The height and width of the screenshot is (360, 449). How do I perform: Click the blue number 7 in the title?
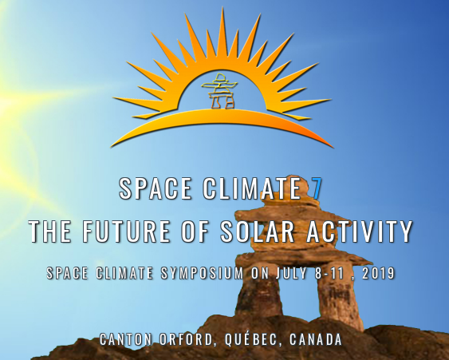(x=317, y=188)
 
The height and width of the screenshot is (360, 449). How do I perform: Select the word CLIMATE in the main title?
(x=252, y=188)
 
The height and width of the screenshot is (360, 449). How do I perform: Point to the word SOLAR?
(x=258, y=231)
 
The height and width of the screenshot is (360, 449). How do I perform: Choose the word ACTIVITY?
(x=360, y=231)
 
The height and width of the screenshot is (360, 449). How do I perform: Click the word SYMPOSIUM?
(x=202, y=273)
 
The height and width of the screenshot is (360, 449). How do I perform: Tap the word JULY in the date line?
(x=292, y=273)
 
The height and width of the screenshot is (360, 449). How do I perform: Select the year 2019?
(x=378, y=273)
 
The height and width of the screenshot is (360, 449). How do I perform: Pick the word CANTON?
(x=126, y=339)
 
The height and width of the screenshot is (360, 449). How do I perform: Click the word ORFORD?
(x=187, y=340)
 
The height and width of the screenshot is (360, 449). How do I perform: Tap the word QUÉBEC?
(x=251, y=339)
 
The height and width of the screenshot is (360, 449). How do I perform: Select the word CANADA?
(x=316, y=339)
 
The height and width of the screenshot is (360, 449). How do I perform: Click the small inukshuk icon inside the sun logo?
(x=219, y=90)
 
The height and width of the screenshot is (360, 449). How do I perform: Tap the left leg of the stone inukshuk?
(x=258, y=295)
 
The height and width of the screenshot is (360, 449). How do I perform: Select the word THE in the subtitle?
(x=50, y=231)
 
